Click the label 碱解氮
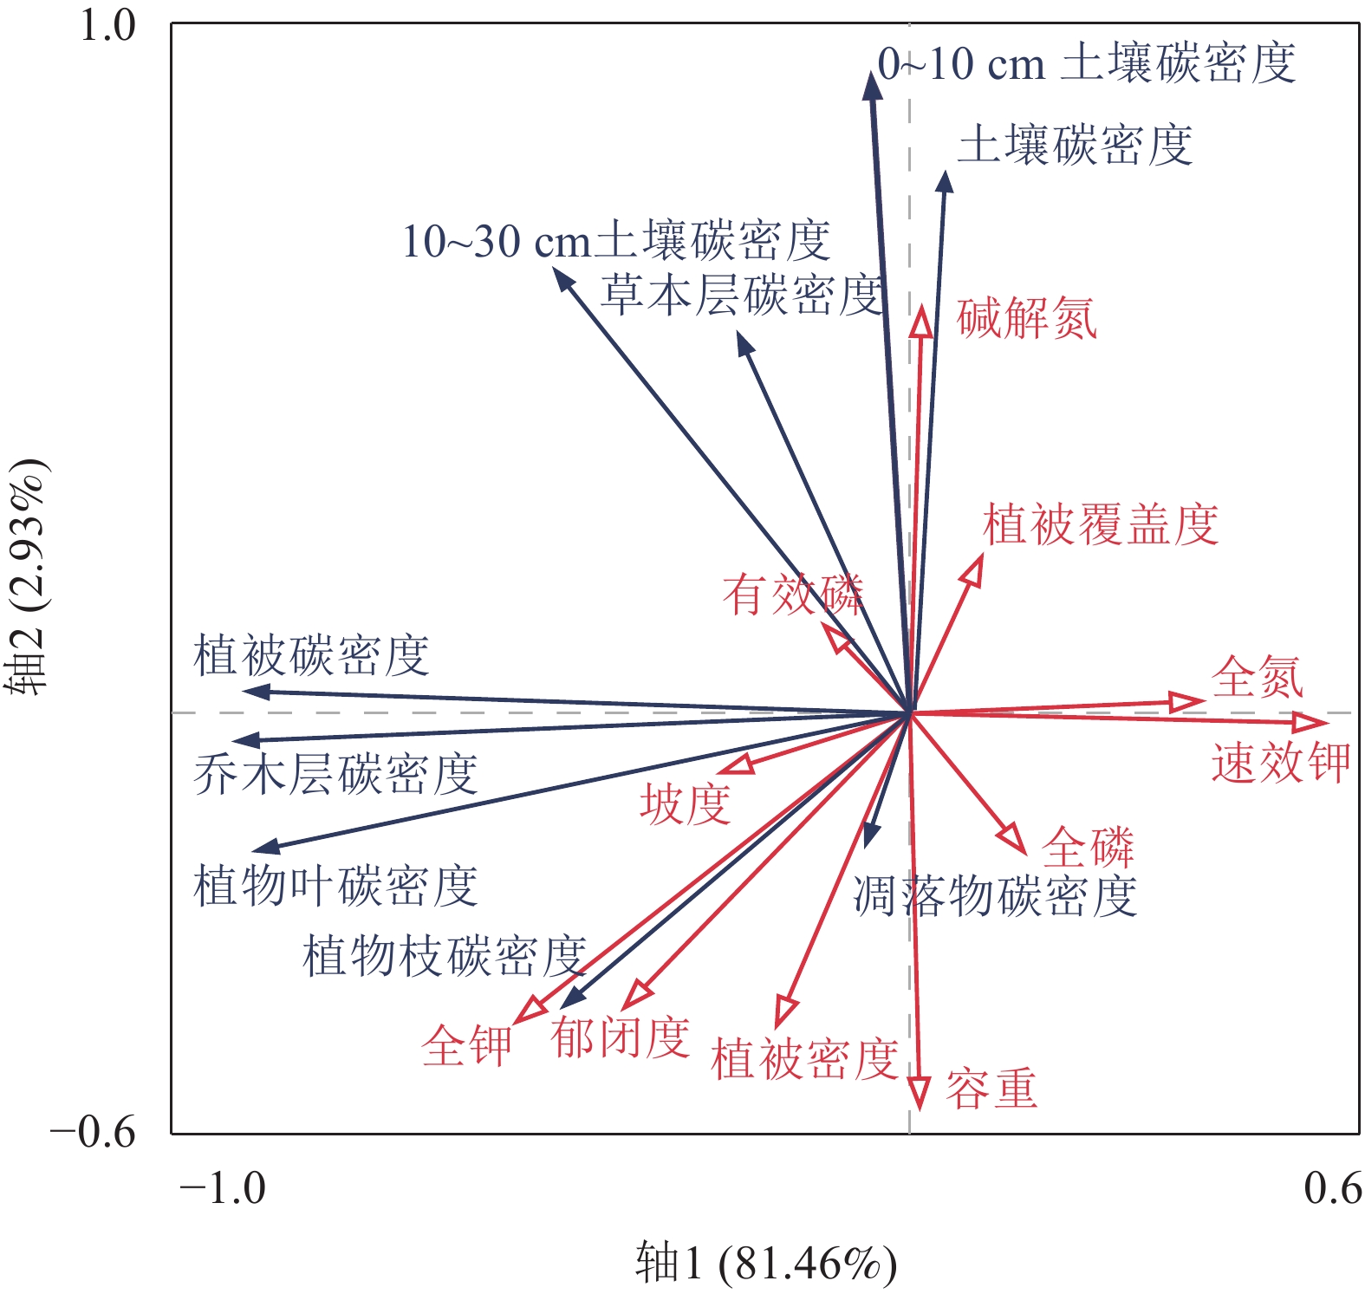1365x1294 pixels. point(1027,318)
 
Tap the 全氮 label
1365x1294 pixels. point(1258,677)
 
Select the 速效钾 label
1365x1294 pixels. point(1280,763)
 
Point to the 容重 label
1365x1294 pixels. point(991,1089)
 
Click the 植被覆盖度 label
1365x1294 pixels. point(1101,524)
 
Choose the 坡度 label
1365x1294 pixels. point(686,803)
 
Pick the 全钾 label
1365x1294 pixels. point(467,1045)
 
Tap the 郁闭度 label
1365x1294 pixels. point(620,1037)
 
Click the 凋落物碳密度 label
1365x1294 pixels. point(995,896)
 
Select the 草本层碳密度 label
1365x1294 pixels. point(742,295)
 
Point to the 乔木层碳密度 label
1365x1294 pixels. point(335,774)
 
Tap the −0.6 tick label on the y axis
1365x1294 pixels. point(93,1132)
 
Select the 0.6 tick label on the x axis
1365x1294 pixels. point(1332,1187)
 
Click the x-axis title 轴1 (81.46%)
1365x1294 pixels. point(766,1262)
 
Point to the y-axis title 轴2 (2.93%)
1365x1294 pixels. point(28,577)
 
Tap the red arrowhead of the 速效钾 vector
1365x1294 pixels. point(1310,723)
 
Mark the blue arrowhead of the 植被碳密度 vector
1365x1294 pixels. point(256,692)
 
